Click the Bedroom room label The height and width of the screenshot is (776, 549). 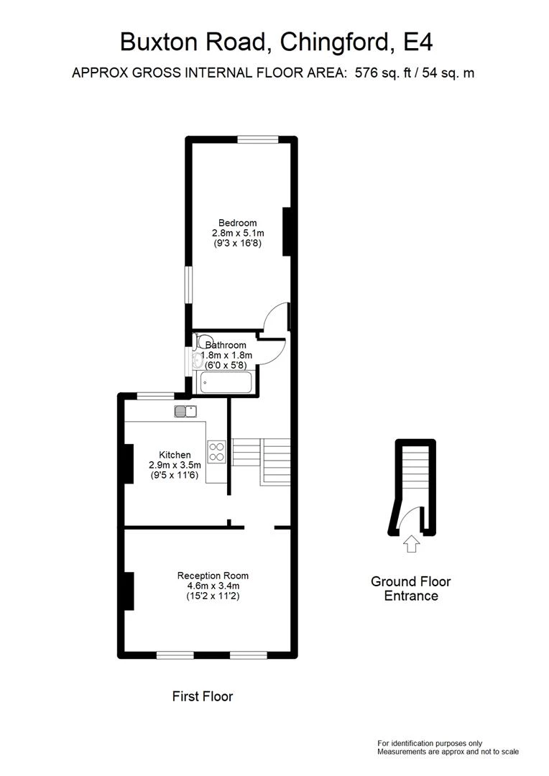[x=238, y=223]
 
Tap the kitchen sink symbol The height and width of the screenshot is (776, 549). [x=185, y=411]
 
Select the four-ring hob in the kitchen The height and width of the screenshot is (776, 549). [x=216, y=451]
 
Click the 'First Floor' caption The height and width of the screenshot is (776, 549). [x=203, y=696]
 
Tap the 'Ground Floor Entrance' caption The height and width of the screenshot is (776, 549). [x=411, y=588]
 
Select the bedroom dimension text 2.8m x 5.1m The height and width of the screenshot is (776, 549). [x=238, y=233]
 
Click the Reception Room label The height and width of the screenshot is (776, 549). [x=213, y=576]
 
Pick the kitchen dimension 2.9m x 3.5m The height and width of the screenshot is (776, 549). [x=175, y=465]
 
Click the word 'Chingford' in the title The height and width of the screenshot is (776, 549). [x=335, y=42]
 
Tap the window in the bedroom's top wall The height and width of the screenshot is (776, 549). [x=257, y=139]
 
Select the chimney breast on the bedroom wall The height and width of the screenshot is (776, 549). [x=287, y=231]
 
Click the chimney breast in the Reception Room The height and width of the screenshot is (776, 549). [x=128, y=591]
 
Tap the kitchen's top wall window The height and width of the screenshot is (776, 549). [x=155, y=395]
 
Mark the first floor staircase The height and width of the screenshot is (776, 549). [x=261, y=461]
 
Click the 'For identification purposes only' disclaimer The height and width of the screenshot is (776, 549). [x=430, y=744]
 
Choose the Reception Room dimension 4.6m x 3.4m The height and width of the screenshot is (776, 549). [x=213, y=586]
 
